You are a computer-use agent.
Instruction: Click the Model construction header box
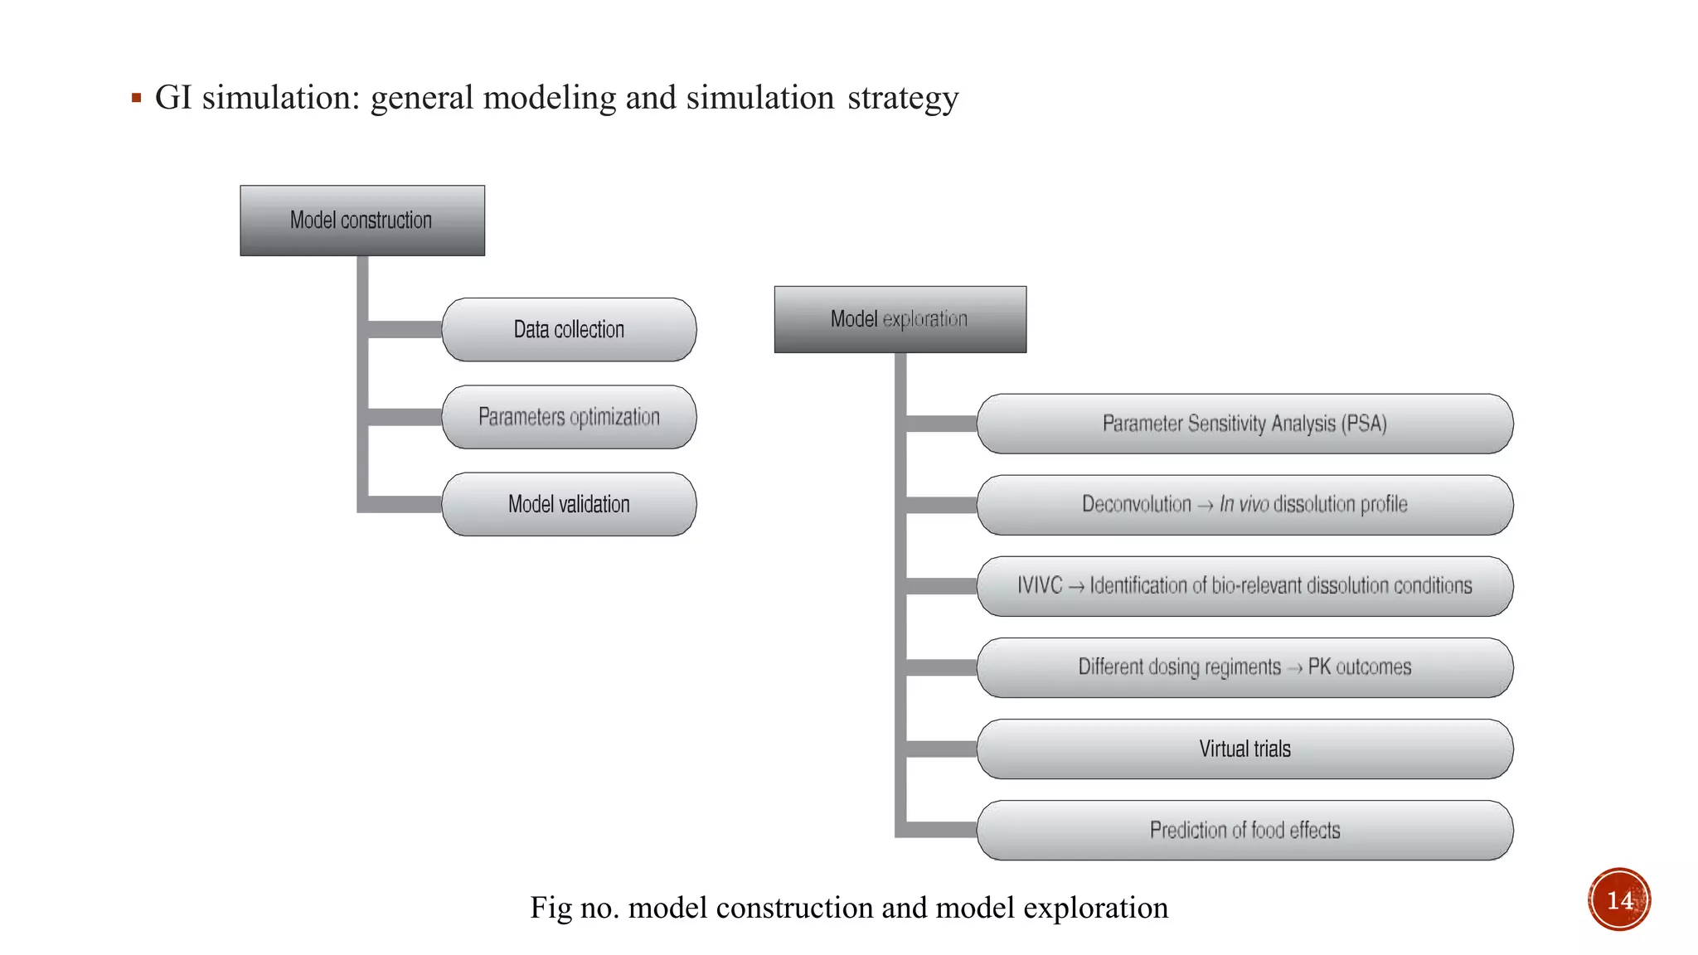[362, 221]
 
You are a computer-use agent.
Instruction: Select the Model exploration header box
[900, 320]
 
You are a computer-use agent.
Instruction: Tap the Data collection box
[569, 330]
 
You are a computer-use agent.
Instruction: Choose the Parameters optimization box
[569, 417]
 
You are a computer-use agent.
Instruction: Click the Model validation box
[569, 504]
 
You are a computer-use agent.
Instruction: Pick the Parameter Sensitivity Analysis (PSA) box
[1244, 424]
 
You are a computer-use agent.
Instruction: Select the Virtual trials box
[1244, 749]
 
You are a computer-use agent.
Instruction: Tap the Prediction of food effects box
[1244, 830]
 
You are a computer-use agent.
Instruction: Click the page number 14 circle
[1618, 899]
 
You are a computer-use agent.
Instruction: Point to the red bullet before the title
[136, 99]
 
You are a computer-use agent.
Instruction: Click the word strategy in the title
[902, 99]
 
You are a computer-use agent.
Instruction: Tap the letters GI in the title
[173, 98]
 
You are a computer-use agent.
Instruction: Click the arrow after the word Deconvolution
[1205, 506]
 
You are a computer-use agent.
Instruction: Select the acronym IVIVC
[1040, 586]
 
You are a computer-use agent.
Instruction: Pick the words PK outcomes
[1359, 667]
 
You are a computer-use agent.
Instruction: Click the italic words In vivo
[1243, 504]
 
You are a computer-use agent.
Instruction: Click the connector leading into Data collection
[405, 330]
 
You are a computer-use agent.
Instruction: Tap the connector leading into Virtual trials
[941, 749]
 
